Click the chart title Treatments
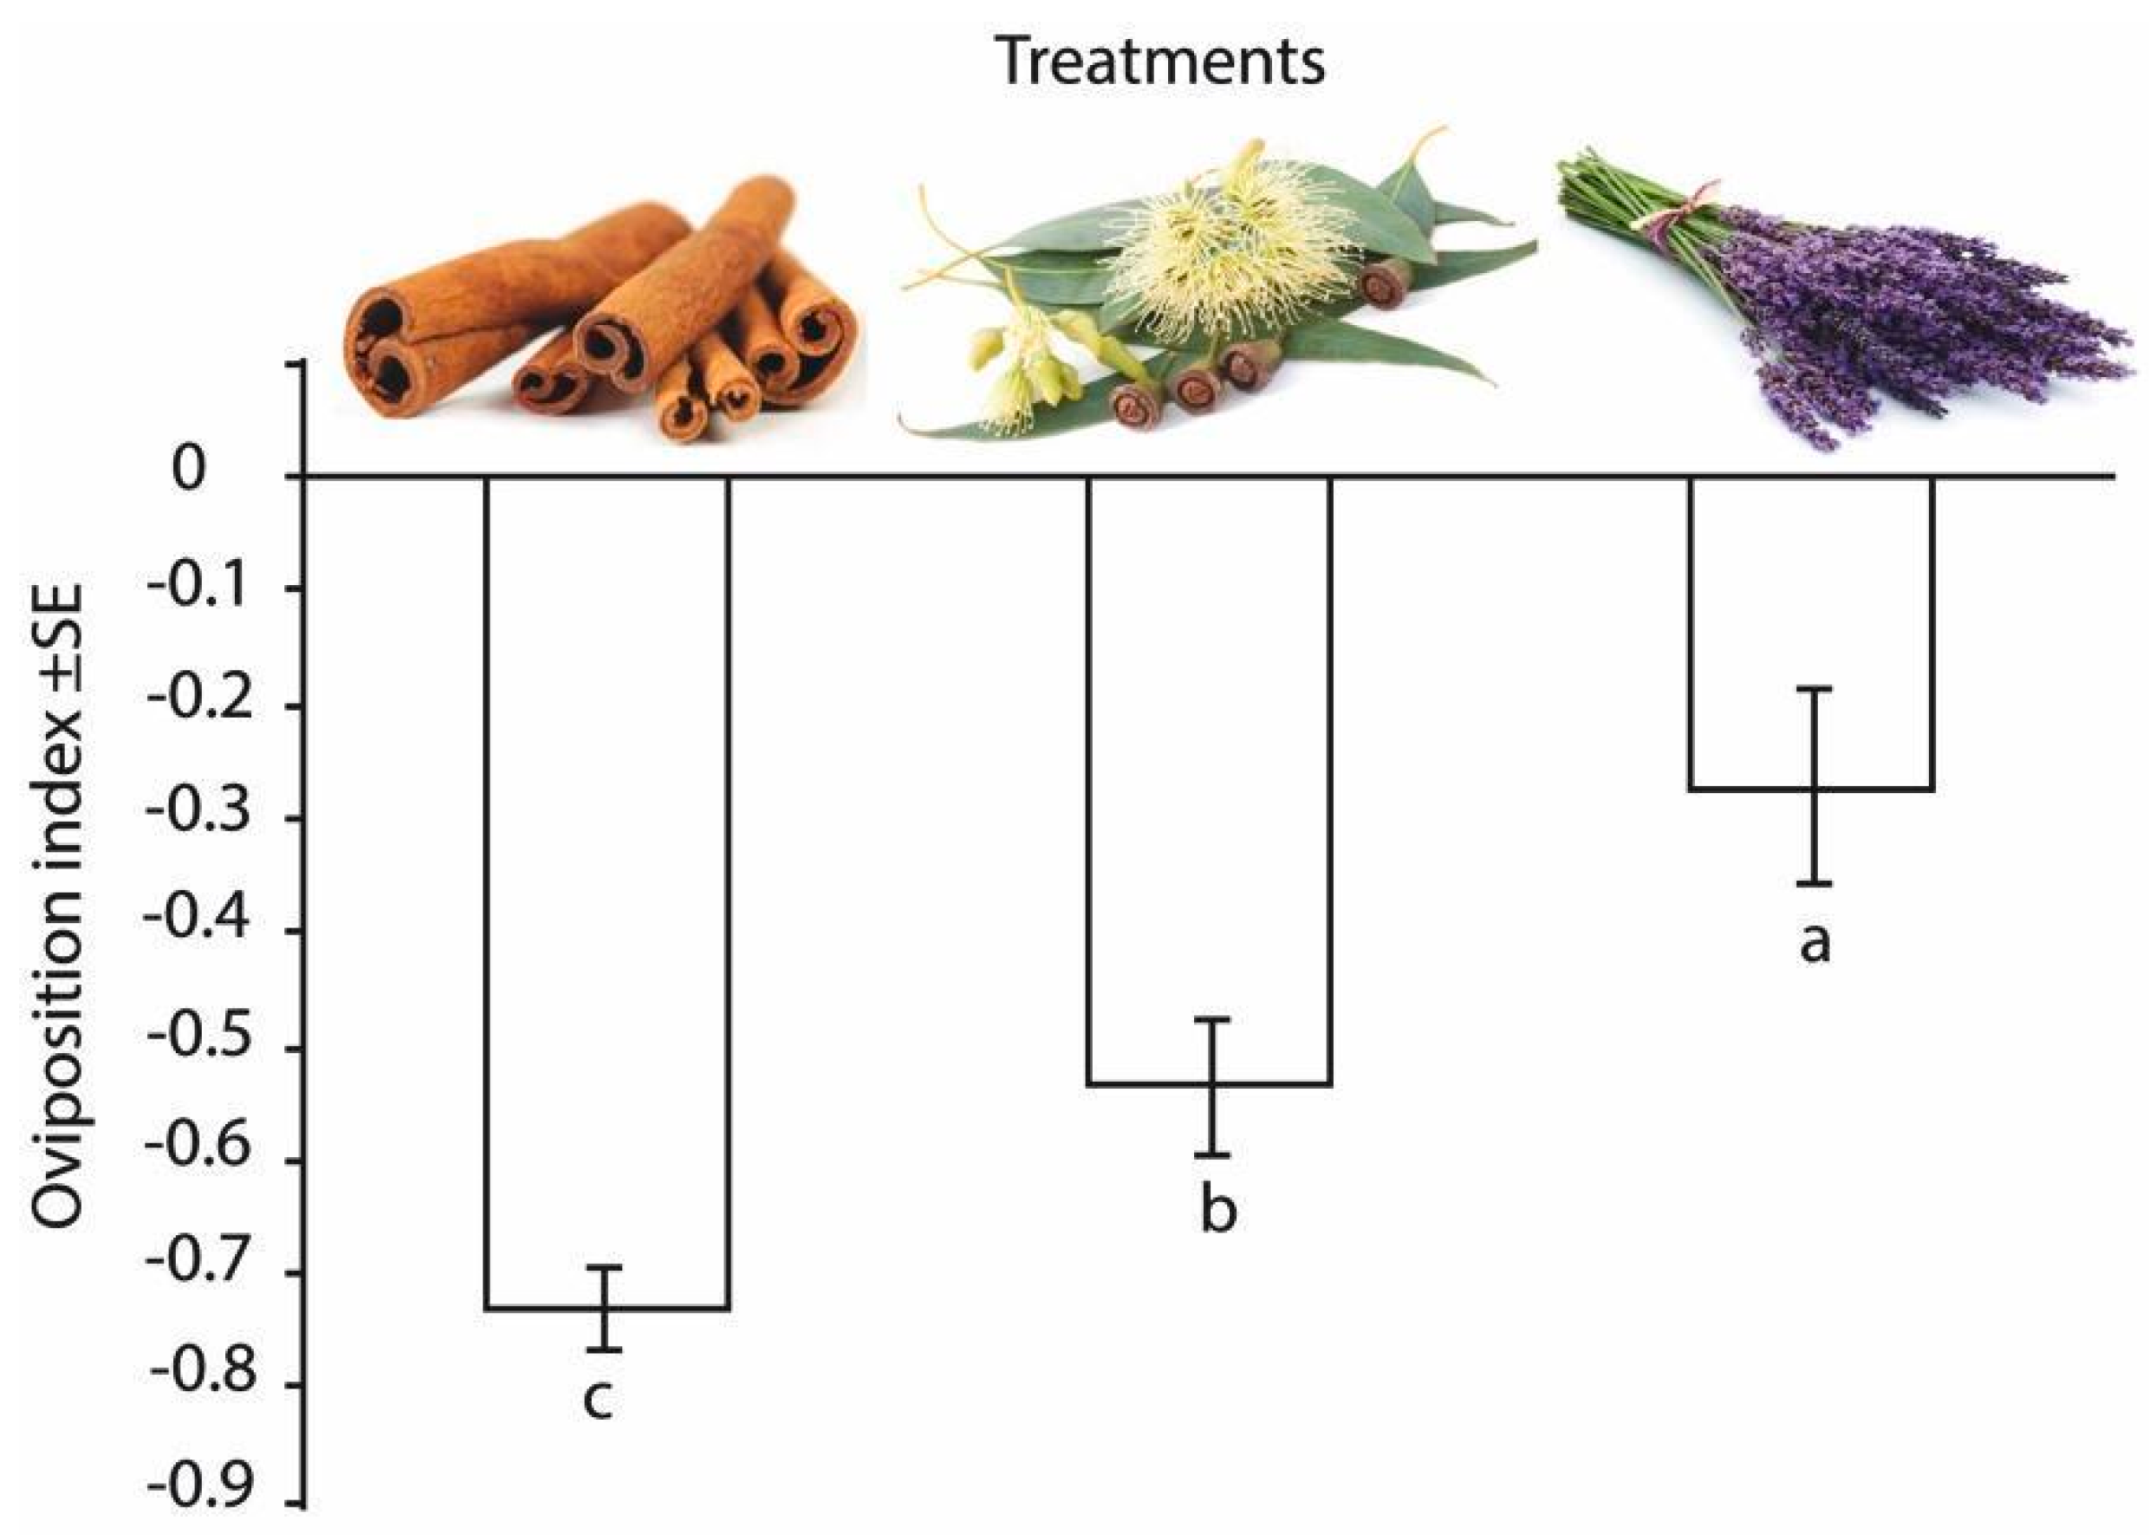click(1161, 62)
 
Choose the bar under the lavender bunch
click(1811, 634)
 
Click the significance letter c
click(598, 1400)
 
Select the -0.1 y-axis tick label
click(196, 589)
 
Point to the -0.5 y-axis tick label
click(196, 1047)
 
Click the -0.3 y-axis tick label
click(196, 817)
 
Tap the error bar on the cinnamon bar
click(609, 1308)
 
